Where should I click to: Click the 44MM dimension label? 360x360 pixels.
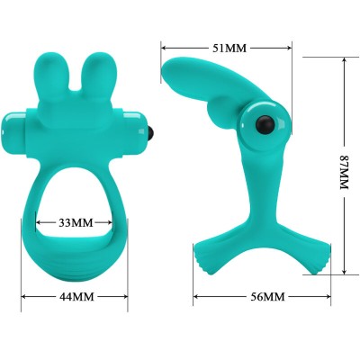(76, 296)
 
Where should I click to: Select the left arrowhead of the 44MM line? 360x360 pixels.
(23, 296)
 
